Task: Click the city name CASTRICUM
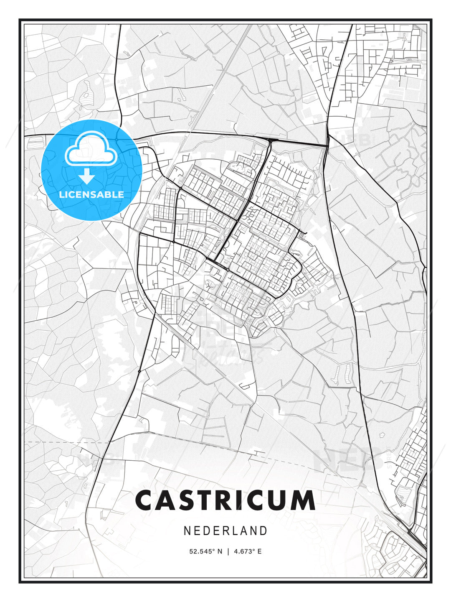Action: [225, 500]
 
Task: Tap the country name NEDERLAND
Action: [225, 531]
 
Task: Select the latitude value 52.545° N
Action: [205, 551]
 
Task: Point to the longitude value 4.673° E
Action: [248, 551]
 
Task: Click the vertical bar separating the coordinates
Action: [228, 551]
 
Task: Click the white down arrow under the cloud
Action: [87, 176]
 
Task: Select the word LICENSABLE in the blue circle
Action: [91, 194]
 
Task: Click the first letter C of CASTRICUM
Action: [145, 500]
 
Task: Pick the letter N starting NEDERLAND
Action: [187, 531]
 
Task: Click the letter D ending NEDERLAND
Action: [264, 531]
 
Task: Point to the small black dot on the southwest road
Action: [139, 371]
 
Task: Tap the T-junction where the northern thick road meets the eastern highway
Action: [327, 145]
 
